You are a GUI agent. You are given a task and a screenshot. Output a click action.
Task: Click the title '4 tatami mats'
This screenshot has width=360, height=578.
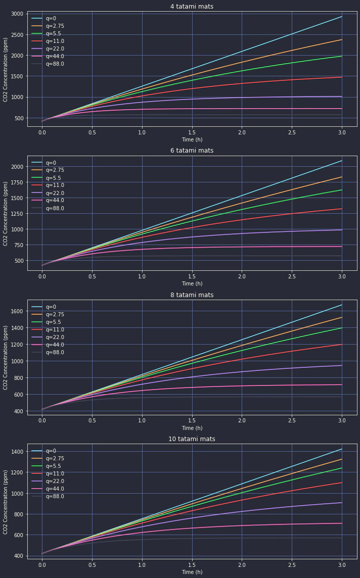pyautogui.click(x=192, y=7)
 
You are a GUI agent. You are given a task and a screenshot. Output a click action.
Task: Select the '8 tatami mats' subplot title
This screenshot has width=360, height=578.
pyautogui.click(x=192, y=295)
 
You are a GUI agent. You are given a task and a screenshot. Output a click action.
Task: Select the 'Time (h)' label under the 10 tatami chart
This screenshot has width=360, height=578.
pyautogui.click(x=192, y=572)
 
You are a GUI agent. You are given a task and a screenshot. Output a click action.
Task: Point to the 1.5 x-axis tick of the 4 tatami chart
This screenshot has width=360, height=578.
pyautogui.click(x=192, y=132)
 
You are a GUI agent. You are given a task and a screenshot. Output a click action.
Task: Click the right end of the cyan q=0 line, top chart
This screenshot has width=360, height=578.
pyautogui.click(x=342, y=17)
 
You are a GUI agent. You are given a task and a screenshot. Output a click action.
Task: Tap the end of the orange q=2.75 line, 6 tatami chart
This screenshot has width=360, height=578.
pyautogui.click(x=342, y=177)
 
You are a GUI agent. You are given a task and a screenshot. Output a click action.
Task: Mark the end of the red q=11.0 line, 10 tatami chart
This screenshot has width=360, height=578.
pyautogui.click(x=342, y=483)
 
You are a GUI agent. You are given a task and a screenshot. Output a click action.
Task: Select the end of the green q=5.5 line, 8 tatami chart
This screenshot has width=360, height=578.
pyautogui.click(x=342, y=328)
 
